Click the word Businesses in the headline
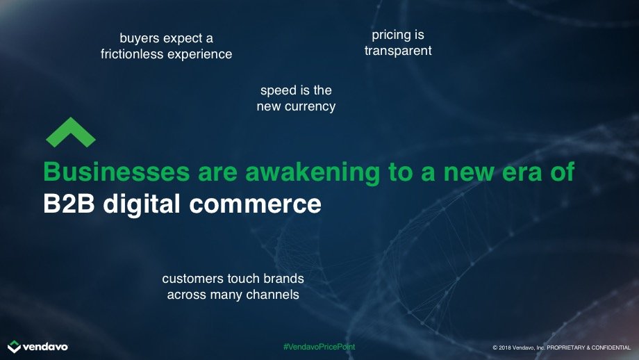click(117, 172)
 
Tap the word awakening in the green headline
click(313, 172)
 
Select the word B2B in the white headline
click(69, 204)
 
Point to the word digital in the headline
click(142, 204)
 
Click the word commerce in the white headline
click(256, 204)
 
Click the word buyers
click(140, 39)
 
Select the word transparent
click(398, 51)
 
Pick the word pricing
click(388, 35)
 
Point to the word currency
click(310, 107)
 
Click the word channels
click(273, 295)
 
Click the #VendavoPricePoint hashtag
click(319, 347)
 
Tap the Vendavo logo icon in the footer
click(14, 347)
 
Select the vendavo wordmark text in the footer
click(45, 347)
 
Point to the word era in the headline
click(522, 172)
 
